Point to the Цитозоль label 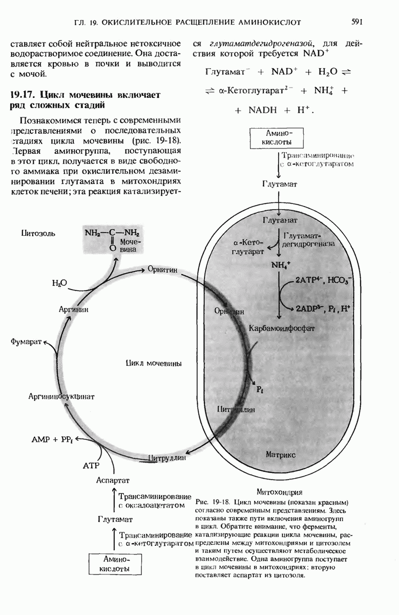(38, 233)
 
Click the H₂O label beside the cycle (60, 282)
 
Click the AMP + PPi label (52, 439)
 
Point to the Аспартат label (113, 480)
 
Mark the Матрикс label (280, 454)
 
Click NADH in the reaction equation (262, 110)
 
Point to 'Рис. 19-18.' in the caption (212, 500)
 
